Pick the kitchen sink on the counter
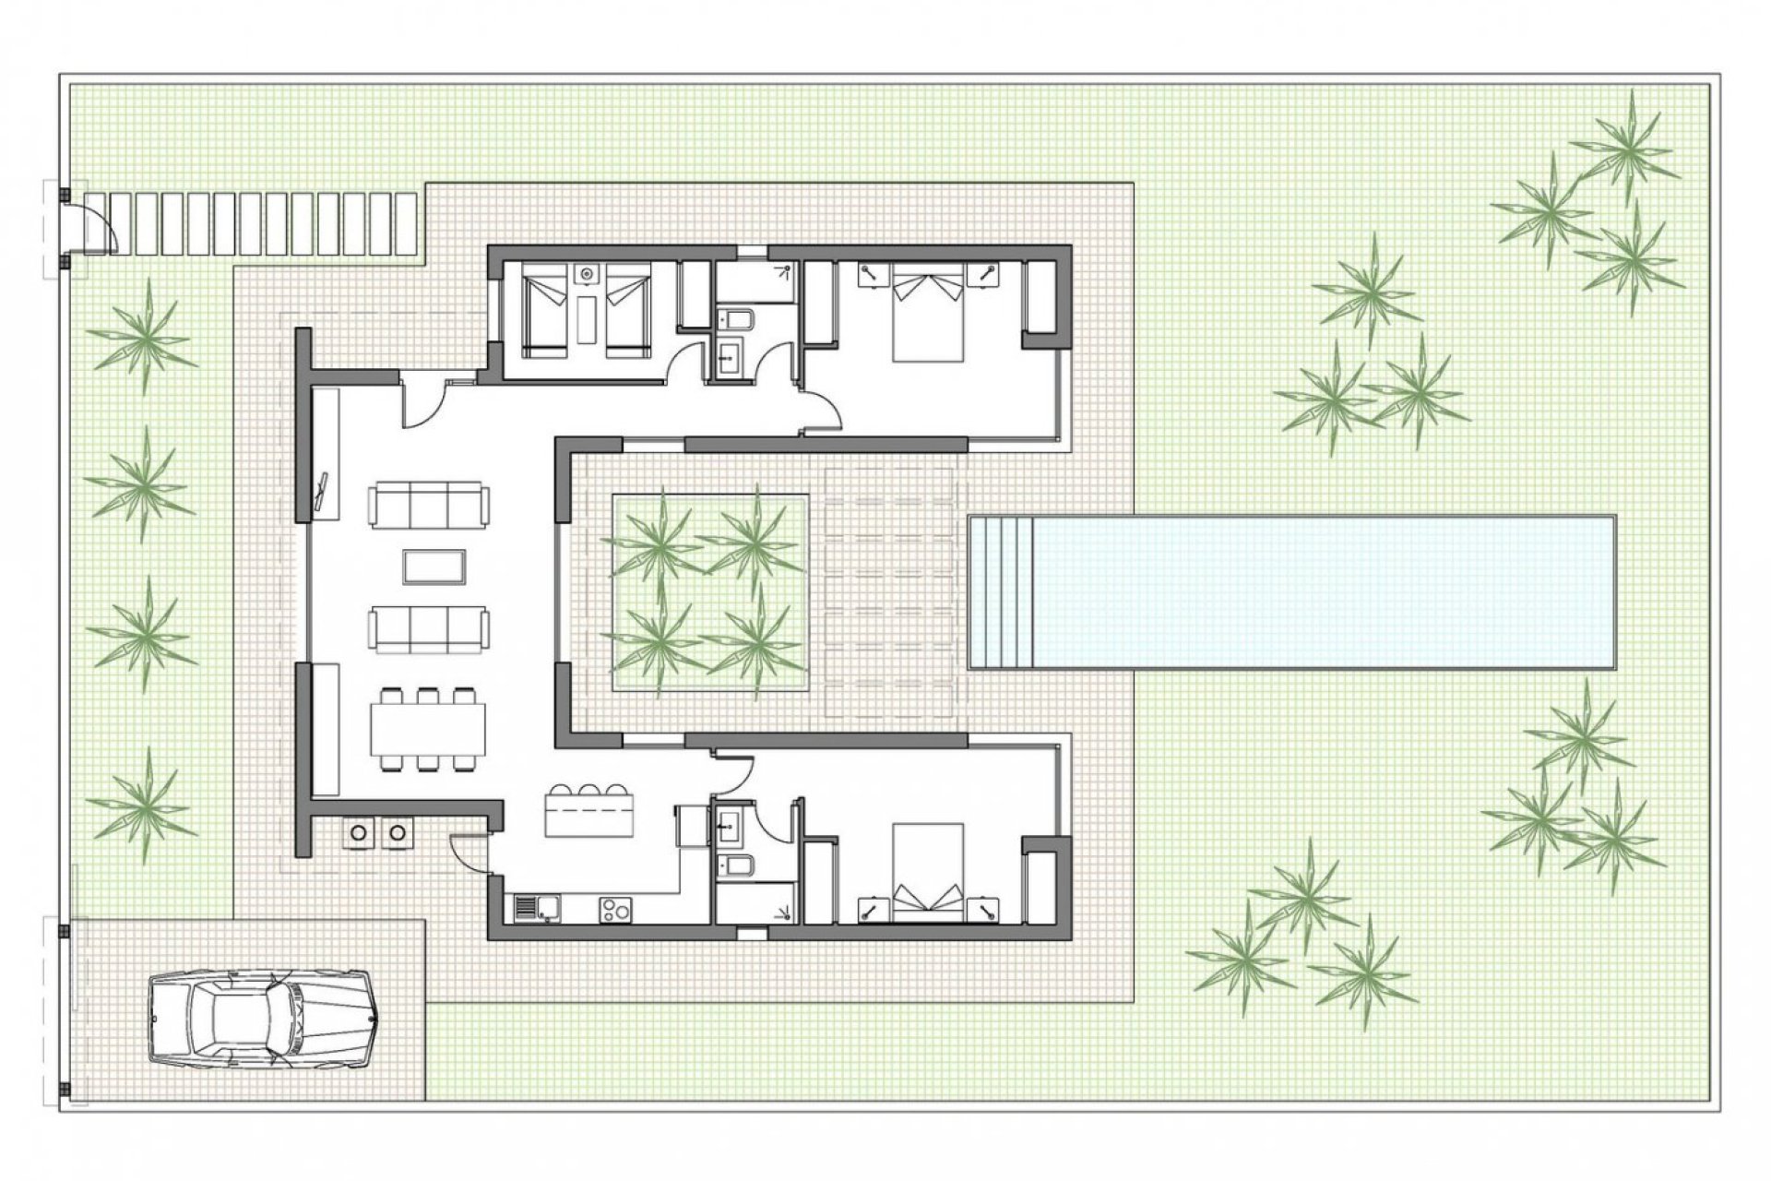point(534,909)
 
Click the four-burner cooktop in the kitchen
point(616,911)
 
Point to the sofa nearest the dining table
point(429,628)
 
